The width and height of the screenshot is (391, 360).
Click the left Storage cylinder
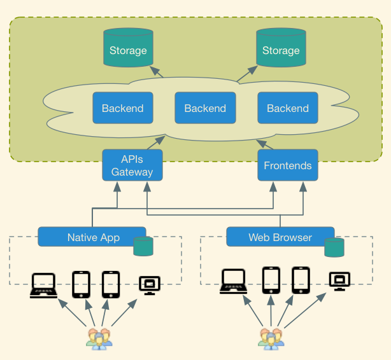click(x=128, y=48)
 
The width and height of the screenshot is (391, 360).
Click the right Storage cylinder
click(x=281, y=48)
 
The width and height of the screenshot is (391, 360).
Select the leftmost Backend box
click(x=122, y=108)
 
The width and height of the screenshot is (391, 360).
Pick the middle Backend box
click(x=205, y=108)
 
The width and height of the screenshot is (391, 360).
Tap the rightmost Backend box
click(x=288, y=108)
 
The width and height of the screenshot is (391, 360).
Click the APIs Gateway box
click(x=132, y=165)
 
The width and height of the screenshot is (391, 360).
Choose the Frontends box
click(x=288, y=165)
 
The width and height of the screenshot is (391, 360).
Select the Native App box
click(x=92, y=237)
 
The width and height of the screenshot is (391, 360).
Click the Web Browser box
click(x=280, y=237)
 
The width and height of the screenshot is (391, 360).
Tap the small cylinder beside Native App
click(x=143, y=246)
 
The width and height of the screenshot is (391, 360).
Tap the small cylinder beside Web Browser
click(x=334, y=247)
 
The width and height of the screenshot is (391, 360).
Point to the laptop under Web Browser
click(x=234, y=282)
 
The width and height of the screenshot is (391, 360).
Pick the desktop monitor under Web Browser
click(x=339, y=280)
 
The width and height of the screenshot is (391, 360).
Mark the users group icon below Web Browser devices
click(x=271, y=338)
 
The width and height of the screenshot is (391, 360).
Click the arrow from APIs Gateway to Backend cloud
click(x=157, y=142)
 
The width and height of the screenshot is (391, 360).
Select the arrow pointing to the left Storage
click(x=156, y=73)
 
